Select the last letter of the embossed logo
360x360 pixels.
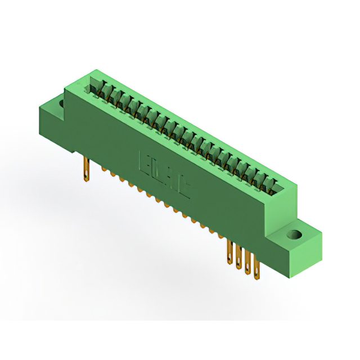[184, 188]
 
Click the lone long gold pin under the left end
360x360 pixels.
[86, 170]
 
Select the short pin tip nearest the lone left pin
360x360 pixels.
[103, 168]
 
